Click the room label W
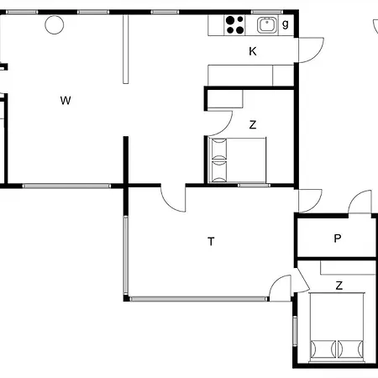point(65,101)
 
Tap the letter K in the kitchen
point(252,51)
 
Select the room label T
point(211,242)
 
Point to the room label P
point(338,238)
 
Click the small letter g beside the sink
point(286,24)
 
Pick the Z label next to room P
point(339,286)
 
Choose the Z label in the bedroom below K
point(252,125)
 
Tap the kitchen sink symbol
point(266,25)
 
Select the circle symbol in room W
point(54,25)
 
